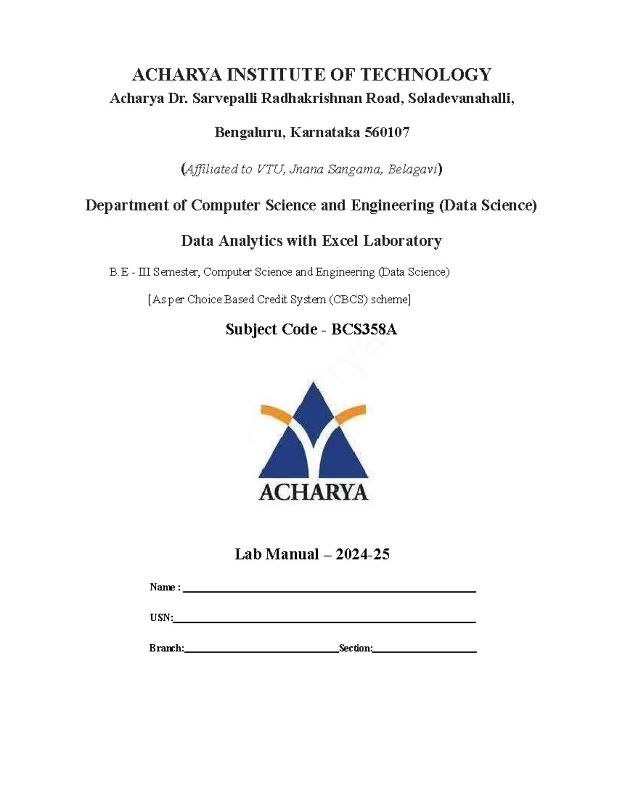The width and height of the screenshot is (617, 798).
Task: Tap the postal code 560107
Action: tap(387, 133)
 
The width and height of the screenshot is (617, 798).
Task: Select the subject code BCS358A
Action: tap(364, 329)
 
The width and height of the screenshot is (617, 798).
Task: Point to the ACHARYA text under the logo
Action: tap(313, 492)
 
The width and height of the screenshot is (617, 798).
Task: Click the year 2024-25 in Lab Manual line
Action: tap(362, 554)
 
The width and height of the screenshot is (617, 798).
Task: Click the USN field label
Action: tap(161, 618)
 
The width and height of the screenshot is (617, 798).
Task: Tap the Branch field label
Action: tap(167, 648)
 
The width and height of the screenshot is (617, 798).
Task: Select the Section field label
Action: tap(356, 648)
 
